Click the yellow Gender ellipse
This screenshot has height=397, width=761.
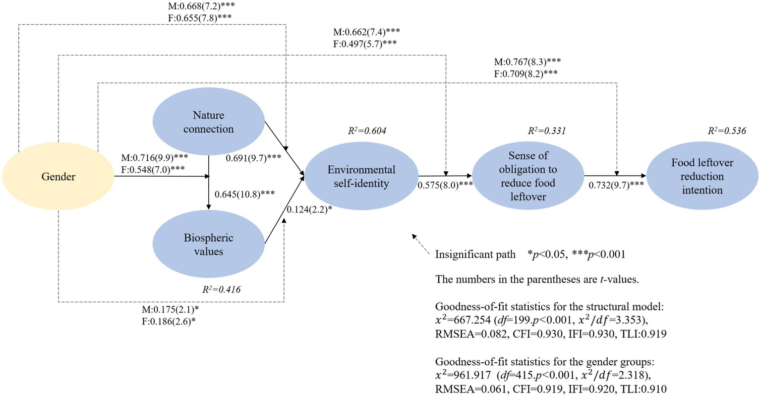(x=59, y=177)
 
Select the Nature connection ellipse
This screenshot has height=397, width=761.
(x=208, y=122)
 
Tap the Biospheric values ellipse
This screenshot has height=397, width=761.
(x=208, y=245)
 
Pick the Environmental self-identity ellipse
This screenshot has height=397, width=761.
(x=361, y=177)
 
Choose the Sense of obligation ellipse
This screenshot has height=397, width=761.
(x=527, y=176)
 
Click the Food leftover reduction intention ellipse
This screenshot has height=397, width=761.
(x=702, y=176)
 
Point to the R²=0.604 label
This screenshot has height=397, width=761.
(x=367, y=131)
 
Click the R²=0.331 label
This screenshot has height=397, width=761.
(x=546, y=131)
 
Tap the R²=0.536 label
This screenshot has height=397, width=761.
(x=727, y=131)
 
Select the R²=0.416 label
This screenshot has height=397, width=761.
(x=222, y=289)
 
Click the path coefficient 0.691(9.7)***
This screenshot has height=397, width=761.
(x=253, y=158)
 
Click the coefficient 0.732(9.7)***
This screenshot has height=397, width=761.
(x=616, y=185)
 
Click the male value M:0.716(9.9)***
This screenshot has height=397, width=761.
(x=154, y=158)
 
